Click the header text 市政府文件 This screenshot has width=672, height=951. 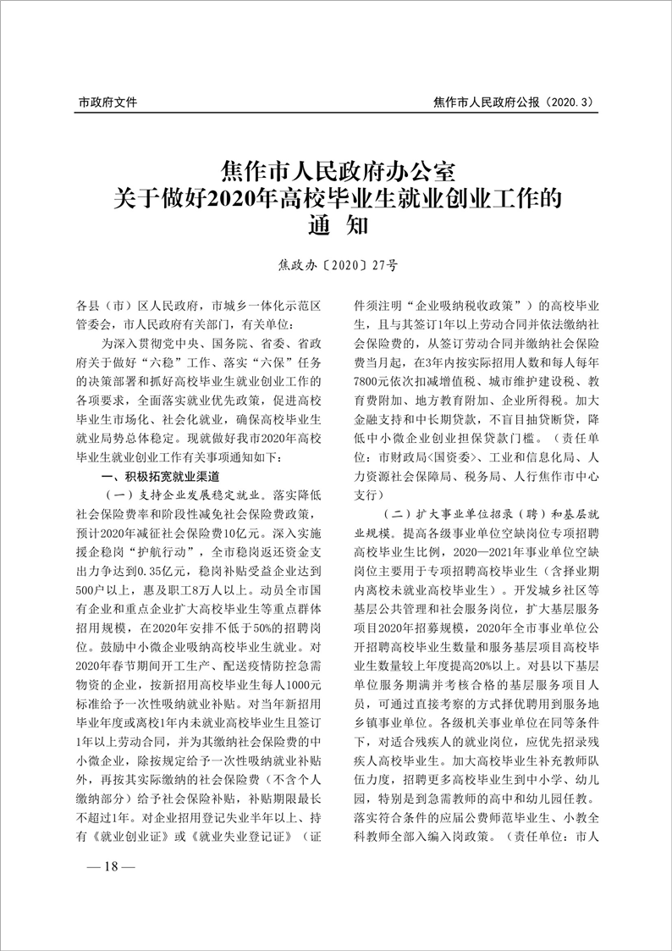(x=107, y=103)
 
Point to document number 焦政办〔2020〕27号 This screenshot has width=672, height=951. (x=338, y=264)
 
